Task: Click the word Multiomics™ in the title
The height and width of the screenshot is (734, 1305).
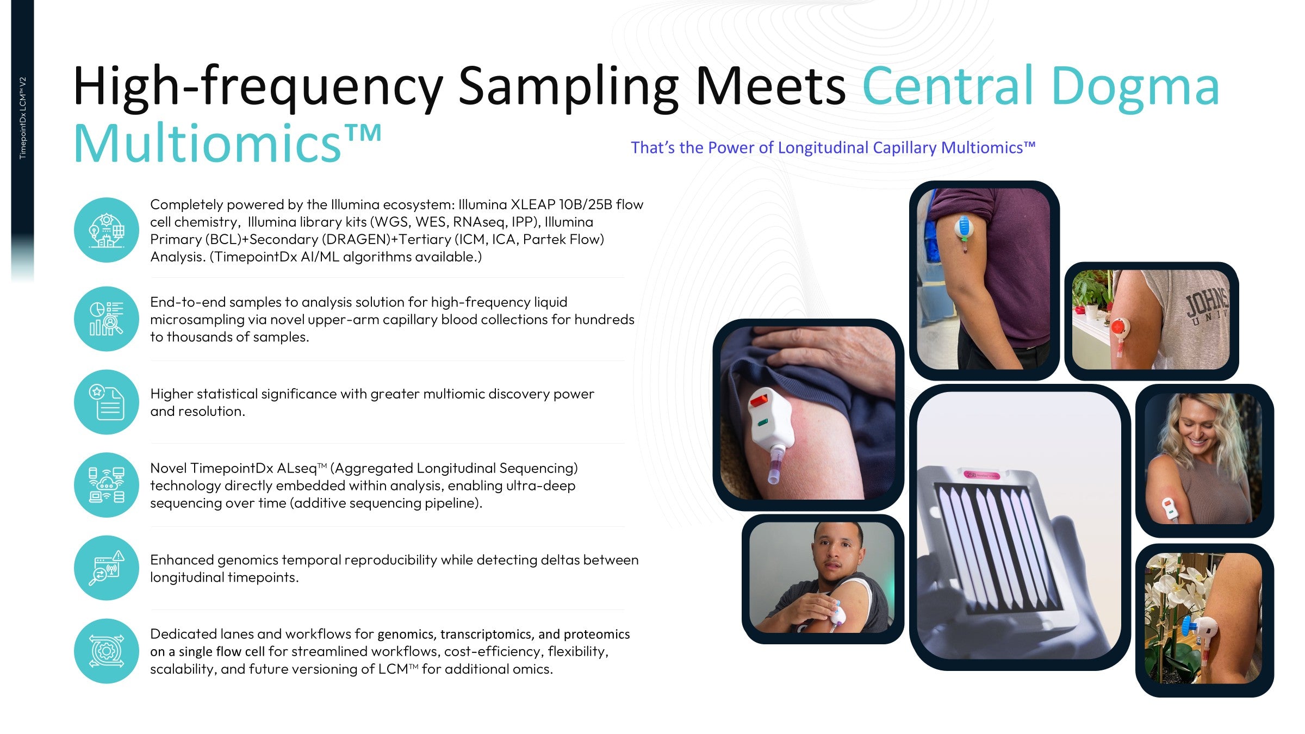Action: (x=227, y=143)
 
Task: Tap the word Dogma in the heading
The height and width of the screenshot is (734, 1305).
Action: (x=1135, y=86)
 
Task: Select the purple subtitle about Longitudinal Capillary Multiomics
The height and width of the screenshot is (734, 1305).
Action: (x=833, y=148)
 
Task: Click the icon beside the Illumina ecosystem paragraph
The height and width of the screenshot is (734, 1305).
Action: (x=107, y=230)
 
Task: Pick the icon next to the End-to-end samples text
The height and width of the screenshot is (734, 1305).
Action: (x=107, y=319)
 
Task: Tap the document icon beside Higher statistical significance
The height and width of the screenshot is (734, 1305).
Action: (x=107, y=402)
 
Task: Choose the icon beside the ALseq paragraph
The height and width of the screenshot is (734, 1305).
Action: (x=107, y=485)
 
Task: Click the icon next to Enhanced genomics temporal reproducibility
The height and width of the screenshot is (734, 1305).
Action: (x=107, y=568)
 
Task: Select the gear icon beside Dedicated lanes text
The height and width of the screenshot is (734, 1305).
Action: (x=107, y=651)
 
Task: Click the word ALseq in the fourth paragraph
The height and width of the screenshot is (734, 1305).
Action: (x=297, y=468)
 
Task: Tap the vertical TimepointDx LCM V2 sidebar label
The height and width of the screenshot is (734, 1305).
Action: (x=23, y=118)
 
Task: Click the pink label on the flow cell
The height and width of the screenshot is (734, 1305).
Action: (x=982, y=475)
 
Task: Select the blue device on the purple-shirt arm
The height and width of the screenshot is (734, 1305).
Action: (x=963, y=229)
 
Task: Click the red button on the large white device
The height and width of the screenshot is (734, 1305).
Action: (x=758, y=401)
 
